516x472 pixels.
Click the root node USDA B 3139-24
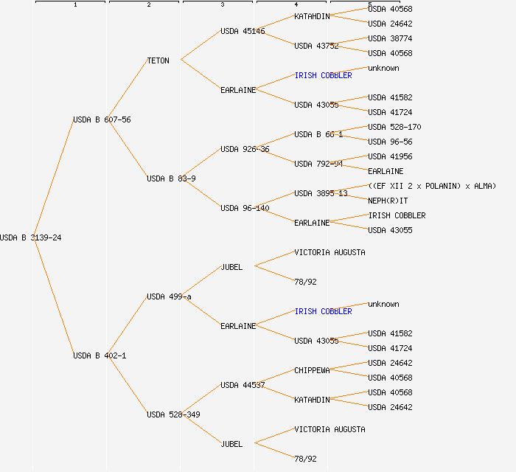point(31,237)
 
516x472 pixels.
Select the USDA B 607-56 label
point(102,119)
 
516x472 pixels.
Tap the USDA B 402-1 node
point(100,355)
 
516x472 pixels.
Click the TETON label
point(158,60)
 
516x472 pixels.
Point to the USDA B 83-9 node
point(171,178)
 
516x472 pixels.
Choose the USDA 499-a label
point(169,296)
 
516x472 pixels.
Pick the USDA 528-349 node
point(173,414)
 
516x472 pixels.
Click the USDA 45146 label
point(243,31)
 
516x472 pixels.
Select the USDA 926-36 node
point(245,149)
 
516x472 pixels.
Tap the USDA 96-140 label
point(245,208)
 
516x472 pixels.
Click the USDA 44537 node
point(243,385)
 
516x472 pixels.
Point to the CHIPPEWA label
point(312,370)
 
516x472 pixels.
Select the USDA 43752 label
point(316,46)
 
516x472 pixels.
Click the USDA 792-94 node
point(318,164)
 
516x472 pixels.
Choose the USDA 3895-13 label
point(321,193)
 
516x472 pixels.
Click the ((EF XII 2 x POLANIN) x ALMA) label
point(432,186)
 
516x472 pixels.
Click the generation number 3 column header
point(223,5)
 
